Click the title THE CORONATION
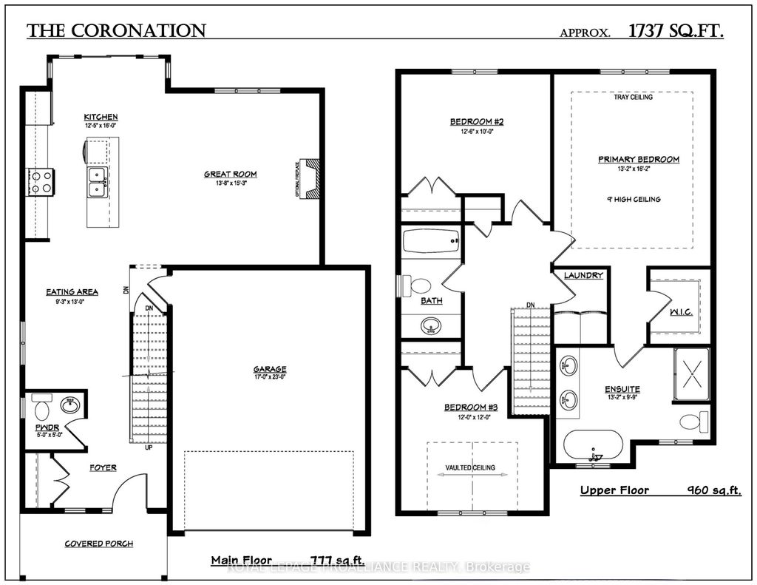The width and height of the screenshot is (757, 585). pos(116,31)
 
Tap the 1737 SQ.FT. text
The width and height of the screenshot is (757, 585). pos(676,31)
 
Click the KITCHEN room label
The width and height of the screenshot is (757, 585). pos(101,118)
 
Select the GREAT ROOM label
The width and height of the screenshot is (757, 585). pos(231,175)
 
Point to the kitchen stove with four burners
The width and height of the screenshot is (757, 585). pos(41,181)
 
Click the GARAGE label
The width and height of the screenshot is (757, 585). pos(269,369)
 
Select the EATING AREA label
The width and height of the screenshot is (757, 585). pos(72,292)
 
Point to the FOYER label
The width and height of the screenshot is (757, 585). pos(103,467)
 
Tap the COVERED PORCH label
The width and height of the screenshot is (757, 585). pos(98,544)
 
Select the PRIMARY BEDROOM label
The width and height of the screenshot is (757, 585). pos(638,159)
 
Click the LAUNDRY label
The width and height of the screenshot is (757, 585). pos(583,276)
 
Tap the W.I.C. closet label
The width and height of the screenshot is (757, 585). pos(681,312)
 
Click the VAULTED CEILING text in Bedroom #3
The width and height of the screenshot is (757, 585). pos(470,467)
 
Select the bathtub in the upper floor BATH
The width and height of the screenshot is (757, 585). pos(431,243)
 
